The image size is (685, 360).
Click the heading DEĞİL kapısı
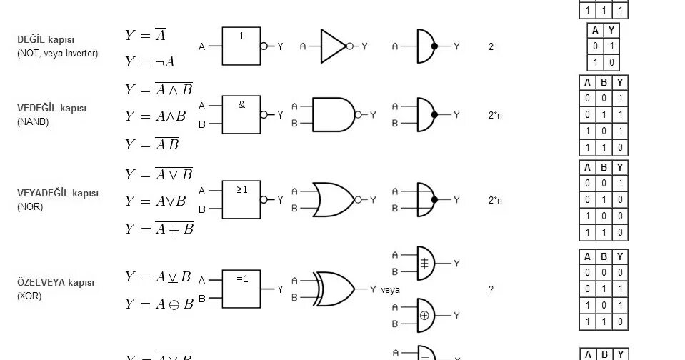[x=46, y=40]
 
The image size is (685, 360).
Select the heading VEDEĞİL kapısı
[x=51, y=109]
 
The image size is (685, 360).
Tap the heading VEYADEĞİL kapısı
[x=58, y=194]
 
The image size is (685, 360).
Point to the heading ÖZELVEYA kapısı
[x=56, y=283]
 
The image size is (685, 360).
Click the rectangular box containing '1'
[x=241, y=46]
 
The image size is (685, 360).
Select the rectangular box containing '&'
[x=241, y=114]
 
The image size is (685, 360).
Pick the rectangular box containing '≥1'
[x=241, y=200]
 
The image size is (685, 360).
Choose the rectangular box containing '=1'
[x=241, y=289]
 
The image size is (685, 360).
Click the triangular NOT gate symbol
[x=333, y=46]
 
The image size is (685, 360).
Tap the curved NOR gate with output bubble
[x=331, y=200]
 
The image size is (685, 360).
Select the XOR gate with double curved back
[x=336, y=289]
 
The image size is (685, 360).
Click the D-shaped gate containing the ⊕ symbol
[x=426, y=315]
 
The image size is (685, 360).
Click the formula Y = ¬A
[x=149, y=62]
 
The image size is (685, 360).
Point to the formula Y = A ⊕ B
[x=159, y=304]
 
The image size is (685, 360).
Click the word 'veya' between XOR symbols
[x=390, y=290]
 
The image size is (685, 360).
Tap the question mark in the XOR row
[x=491, y=290]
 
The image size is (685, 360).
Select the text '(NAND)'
[x=33, y=122]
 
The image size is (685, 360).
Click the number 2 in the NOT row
[x=491, y=47]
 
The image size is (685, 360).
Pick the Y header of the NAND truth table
[x=620, y=82]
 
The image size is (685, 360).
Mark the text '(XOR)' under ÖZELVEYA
[x=29, y=296]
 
